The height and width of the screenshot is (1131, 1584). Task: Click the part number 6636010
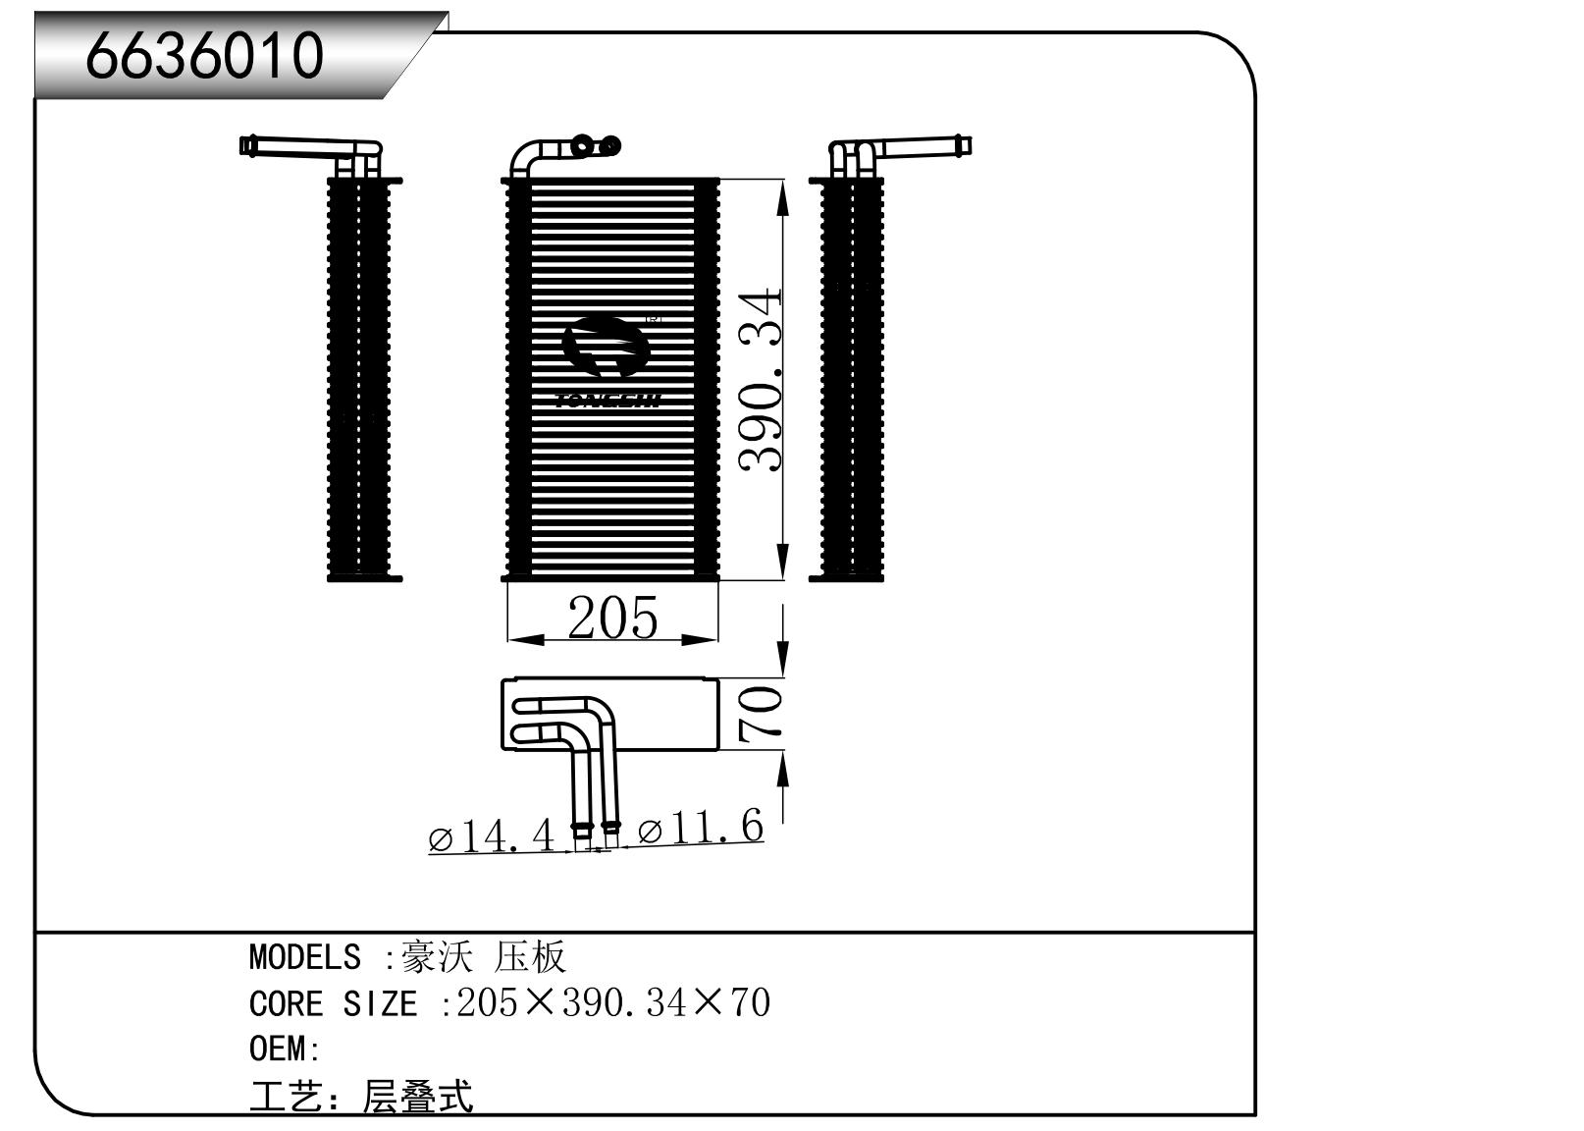point(204,55)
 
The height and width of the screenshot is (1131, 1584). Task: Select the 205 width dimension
point(612,618)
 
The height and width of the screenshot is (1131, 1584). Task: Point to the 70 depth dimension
point(762,713)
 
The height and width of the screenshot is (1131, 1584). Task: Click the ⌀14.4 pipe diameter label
point(492,836)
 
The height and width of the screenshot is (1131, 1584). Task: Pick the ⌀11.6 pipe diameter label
point(700,829)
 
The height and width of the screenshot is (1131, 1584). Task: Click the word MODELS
point(304,956)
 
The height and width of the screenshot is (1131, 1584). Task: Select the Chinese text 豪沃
point(438,956)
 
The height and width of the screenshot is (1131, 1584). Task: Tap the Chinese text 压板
point(530,956)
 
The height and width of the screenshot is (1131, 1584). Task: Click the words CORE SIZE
point(333,1003)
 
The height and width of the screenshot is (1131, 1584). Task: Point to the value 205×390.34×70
point(613,1002)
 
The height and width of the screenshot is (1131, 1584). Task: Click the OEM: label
point(285,1049)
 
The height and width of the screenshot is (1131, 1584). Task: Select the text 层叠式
point(418,1097)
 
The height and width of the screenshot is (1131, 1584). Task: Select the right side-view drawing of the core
point(851,378)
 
